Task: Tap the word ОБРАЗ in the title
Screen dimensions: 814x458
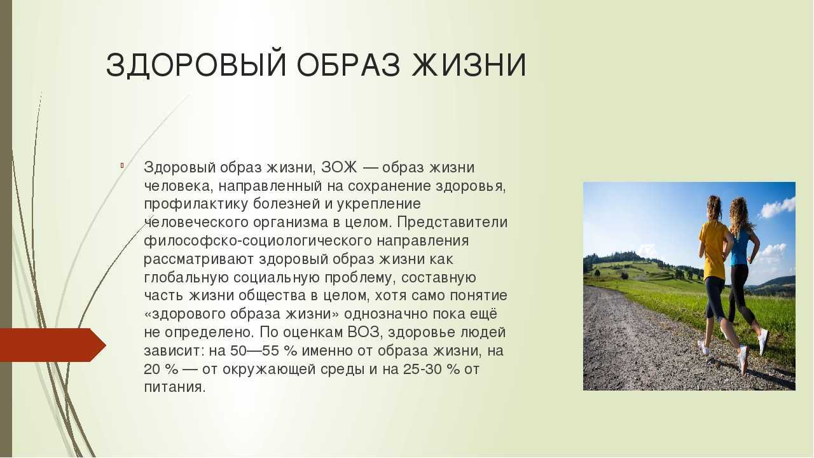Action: click(348, 66)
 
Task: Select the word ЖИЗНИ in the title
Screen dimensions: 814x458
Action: click(469, 66)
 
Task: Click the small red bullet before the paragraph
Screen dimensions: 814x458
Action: click(123, 166)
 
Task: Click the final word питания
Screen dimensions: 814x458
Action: click(175, 388)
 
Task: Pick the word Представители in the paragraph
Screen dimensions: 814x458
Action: click(452, 223)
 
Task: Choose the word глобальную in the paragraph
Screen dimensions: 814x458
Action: click(186, 277)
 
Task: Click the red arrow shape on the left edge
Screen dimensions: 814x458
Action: click(53, 345)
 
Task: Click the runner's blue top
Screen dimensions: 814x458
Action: click(740, 247)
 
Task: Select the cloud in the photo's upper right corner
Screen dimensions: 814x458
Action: click(777, 207)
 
